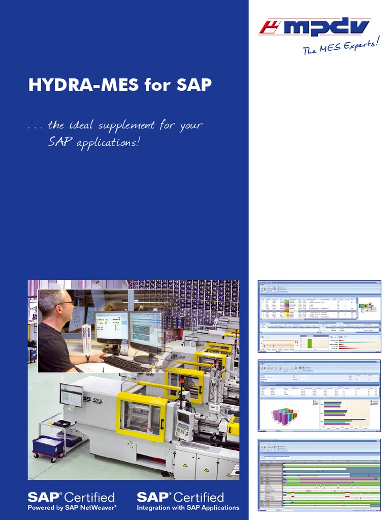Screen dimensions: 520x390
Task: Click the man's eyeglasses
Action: (66, 303)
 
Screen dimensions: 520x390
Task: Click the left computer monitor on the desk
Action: (111, 328)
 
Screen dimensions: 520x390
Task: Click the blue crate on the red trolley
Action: (48, 445)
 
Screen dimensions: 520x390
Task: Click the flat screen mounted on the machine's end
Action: (71, 395)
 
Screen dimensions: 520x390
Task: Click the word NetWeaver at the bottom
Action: (99, 507)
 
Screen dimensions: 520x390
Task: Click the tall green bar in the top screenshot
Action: (309, 343)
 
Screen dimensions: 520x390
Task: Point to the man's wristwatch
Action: (87, 358)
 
